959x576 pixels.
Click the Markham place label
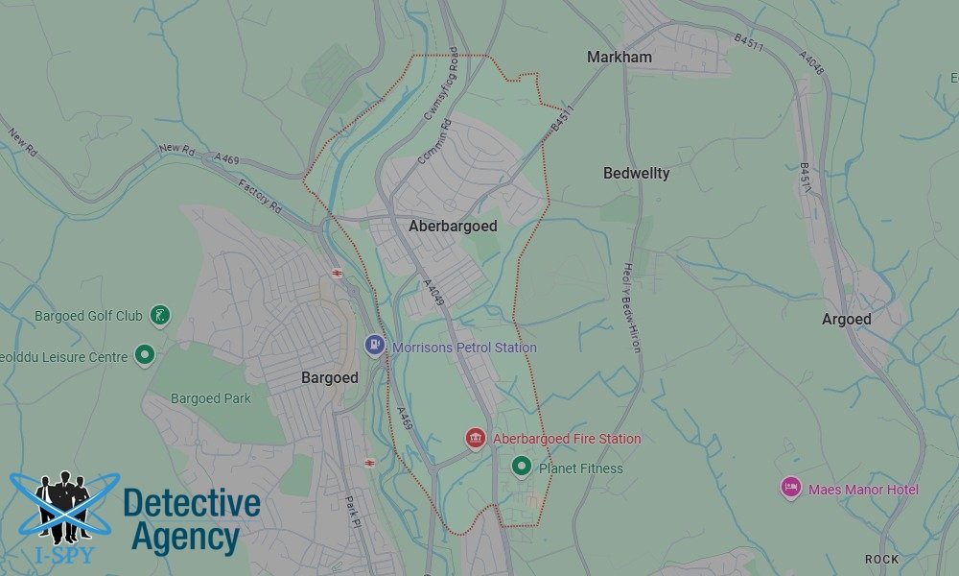tap(619, 58)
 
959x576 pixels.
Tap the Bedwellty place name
tap(636, 174)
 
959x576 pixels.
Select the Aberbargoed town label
tap(453, 227)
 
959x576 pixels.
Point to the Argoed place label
tap(846, 320)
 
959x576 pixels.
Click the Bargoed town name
tap(329, 378)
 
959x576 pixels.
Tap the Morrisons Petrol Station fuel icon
tap(375, 345)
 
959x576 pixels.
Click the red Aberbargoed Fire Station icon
tap(475, 439)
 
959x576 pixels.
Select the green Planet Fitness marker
tap(522, 468)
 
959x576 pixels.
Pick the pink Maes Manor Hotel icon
tap(790, 489)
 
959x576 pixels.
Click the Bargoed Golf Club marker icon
tap(161, 315)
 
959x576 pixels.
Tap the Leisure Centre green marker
tap(145, 356)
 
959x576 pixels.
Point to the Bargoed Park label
tap(210, 398)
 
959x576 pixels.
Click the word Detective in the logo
tap(192, 503)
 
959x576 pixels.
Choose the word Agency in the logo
tap(185, 538)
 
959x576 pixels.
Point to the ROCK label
tap(881, 559)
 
